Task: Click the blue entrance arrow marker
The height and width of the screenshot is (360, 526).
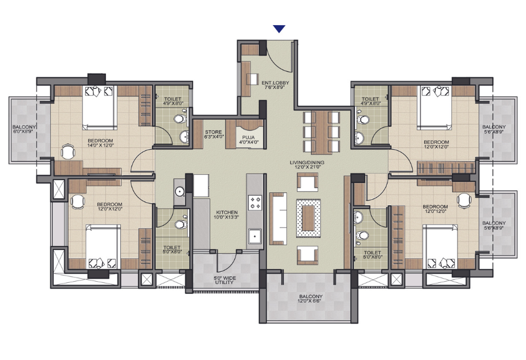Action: click(x=279, y=29)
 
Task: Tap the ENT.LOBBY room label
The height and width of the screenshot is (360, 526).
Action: click(x=275, y=85)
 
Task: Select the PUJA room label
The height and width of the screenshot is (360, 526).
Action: click(x=248, y=140)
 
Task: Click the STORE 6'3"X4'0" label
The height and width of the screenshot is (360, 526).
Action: click(x=214, y=134)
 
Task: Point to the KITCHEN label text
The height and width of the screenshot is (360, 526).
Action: click(x=227, y=212)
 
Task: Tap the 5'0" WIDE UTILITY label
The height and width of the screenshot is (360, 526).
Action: click(x=224, y=280)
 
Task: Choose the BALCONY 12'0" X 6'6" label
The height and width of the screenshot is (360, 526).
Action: click(x=311, y=299)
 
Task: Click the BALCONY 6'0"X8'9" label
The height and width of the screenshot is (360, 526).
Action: click(x=24, y=129)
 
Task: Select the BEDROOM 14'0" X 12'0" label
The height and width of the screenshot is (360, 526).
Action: click(x=101, y=143)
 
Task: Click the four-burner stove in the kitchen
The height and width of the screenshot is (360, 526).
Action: click(x=255, y=202)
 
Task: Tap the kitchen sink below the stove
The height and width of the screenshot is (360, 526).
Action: click(x=255, y=236)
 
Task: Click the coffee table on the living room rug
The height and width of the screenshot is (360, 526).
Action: click(x=308, y=218)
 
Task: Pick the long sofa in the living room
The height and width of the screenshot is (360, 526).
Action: click(x=278, y=219)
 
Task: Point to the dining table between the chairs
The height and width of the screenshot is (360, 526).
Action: click(x=321, y=133)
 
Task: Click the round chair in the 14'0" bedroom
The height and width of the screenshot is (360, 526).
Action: click(x=68, y=152)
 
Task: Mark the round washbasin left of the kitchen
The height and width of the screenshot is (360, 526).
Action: click(x=180, y=192)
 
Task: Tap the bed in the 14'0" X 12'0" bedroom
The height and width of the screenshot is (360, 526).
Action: click(x=99, y=108)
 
